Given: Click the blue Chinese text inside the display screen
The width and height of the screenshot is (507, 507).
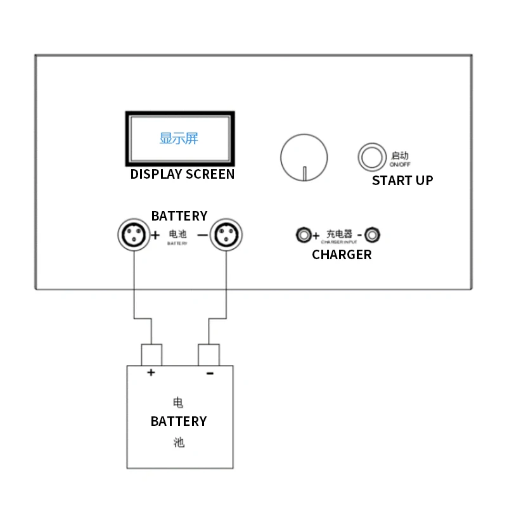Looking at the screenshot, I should click(x=179, y=138).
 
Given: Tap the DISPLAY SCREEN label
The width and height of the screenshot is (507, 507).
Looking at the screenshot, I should click(x=183, y=174).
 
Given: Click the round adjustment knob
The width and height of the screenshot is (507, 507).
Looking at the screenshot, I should click(x=305, y=157).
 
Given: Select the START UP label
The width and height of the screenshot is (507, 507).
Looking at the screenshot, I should click(x=402, y=181).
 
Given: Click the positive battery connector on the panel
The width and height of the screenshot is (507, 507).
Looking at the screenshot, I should click(x=133, y=235).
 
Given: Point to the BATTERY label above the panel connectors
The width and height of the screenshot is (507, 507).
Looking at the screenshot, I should click(x=179, y=216).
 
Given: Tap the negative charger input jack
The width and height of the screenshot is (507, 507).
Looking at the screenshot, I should click(x=374, y=236).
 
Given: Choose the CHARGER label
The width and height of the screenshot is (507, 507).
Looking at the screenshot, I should click(x=342, y=255).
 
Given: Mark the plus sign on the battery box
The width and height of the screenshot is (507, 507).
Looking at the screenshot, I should click(x=151, y=373).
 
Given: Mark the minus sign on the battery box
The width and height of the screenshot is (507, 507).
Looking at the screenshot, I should click(x=210, y=373).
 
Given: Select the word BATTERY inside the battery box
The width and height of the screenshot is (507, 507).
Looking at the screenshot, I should click(x=179, y=421).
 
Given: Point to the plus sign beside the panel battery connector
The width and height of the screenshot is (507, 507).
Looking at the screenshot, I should click(x=155, y=235).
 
